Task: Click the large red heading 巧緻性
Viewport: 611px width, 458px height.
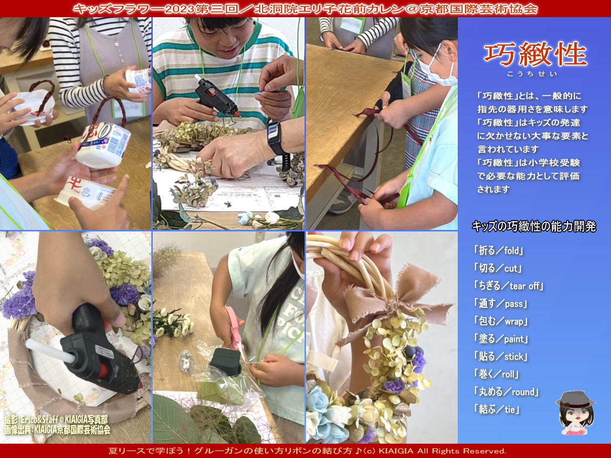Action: pos(535,54)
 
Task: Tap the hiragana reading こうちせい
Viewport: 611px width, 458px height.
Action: pos(532,74)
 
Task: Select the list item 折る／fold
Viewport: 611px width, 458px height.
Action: pos(498,250)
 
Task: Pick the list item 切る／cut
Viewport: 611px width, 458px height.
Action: pos(497,268)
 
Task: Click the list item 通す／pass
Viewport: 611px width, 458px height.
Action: pos(500,304)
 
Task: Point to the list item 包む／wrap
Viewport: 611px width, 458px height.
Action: pos(500,321)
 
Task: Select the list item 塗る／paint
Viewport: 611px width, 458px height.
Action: pos(501,339)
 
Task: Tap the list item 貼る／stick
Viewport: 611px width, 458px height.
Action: pos(500,356)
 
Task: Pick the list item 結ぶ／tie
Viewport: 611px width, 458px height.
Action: pos(496,409)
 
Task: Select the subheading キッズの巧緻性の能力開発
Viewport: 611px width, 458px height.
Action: pos(534,227)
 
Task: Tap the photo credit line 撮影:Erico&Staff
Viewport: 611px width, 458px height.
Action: pos(56,419)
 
